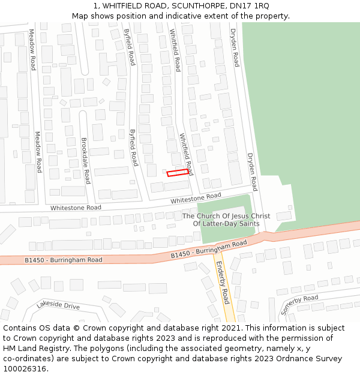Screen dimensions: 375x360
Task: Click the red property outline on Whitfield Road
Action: point(178,173)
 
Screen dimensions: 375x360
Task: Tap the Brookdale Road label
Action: point(85,160)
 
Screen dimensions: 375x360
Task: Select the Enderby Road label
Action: point(223,282)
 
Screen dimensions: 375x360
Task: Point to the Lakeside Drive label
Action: point(58,305)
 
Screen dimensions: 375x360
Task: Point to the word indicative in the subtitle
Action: point(187,16)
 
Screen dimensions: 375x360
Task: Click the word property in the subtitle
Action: point(272,16)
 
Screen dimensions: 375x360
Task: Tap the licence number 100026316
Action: point(25,369)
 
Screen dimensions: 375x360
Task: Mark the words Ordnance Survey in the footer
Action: point(313,359)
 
